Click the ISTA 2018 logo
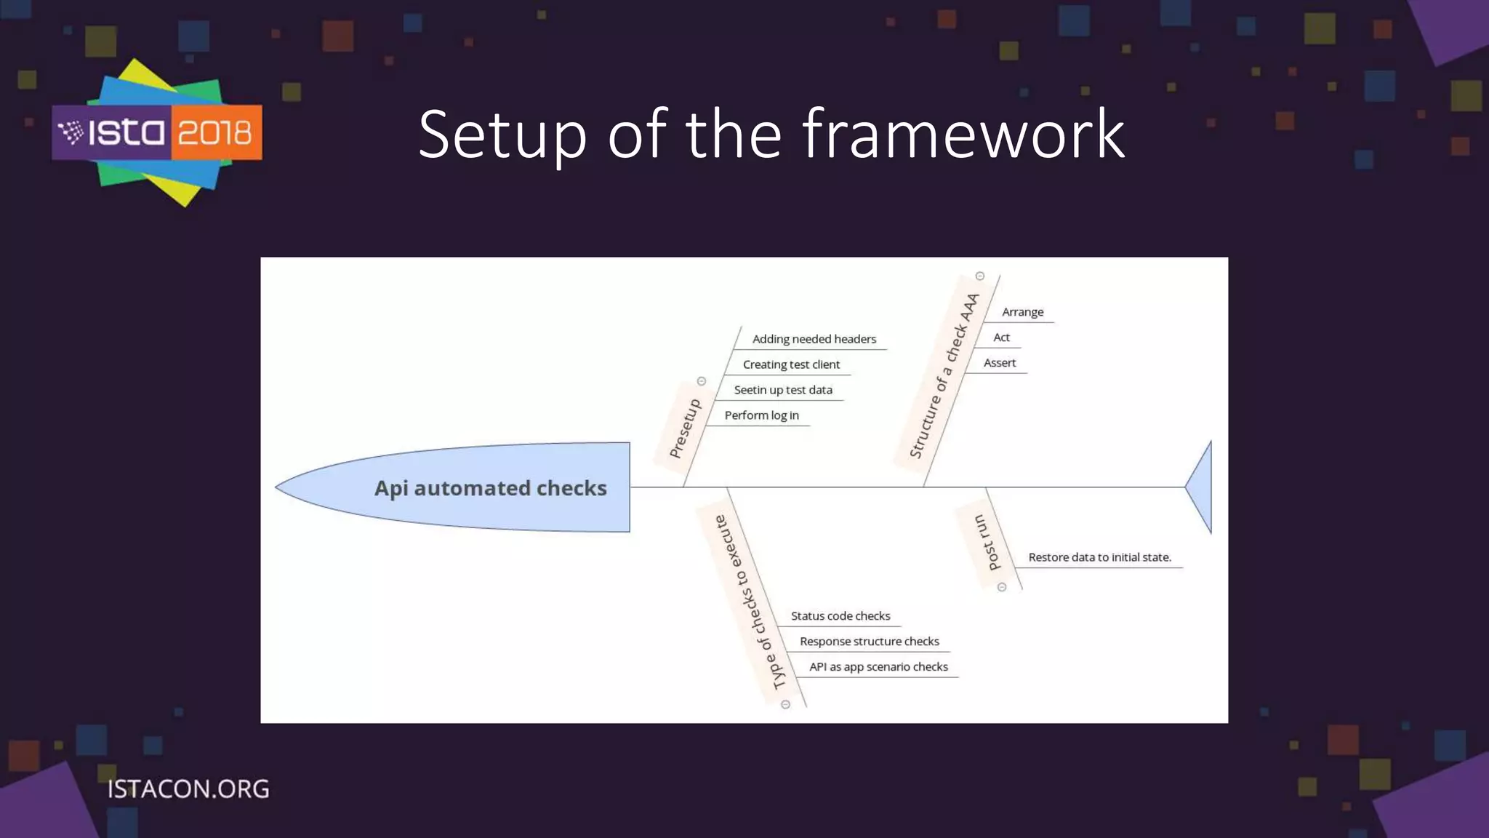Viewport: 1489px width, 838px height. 157,132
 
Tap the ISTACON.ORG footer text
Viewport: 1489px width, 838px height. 188,789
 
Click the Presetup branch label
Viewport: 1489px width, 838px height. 685,428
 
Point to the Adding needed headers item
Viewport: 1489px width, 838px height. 814,339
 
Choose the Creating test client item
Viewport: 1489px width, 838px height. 791,364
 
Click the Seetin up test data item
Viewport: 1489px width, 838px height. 783,390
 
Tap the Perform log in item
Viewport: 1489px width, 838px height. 761,415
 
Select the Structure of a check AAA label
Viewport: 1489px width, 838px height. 944,376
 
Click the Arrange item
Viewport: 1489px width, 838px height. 1022,312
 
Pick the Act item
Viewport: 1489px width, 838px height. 1001,338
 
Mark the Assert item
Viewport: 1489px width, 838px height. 1000,363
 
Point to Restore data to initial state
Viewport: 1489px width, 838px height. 1099,557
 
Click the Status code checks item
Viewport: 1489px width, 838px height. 840,616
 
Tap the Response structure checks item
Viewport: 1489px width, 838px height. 870,642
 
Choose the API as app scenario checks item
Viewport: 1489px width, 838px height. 878,667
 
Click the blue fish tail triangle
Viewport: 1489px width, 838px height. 1201,487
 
